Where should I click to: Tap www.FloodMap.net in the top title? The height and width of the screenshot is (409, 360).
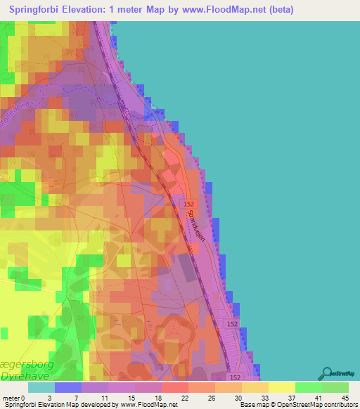pyautogui.click(x=216, y=9)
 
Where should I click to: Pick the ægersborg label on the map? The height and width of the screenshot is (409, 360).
pyautogui.click(x=25, y=356)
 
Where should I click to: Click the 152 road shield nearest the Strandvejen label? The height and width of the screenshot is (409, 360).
pyautogui.click(x=188, y=203)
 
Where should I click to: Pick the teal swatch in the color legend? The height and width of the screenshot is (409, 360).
pyautogui.click(x=41, y=387)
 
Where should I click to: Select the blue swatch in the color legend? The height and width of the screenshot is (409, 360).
pyautogui.click(x=68, y=387)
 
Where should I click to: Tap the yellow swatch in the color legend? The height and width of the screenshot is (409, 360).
pyautogui.click(x=281, y=387)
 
